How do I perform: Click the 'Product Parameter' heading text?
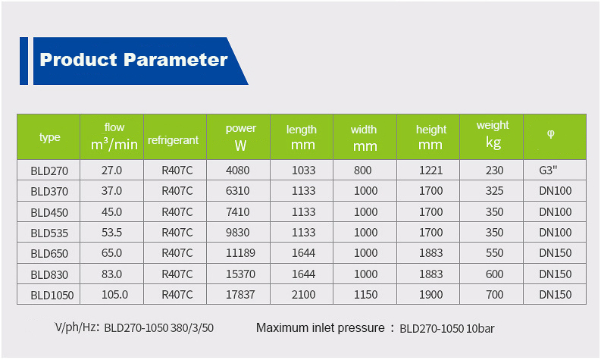point(134,60)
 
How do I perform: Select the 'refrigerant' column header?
point(174,140)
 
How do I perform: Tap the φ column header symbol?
point(550,134)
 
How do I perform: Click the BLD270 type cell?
point(49,171)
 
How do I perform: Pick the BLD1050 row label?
point(52,296)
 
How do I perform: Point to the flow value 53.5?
point(111,233)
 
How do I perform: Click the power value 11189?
point(240,253)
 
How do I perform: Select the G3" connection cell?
point(548,171)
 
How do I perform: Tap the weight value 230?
point(494,171)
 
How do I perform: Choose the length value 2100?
point(304,294)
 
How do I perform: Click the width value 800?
point(362,171)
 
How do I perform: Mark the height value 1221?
point(430,171)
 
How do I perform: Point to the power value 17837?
point(240,294)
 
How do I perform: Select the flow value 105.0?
point(114,294)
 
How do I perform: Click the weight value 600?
point(494,274)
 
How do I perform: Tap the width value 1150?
point(365,294)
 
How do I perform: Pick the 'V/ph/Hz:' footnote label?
point(77,328)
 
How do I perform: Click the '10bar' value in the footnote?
point(480,329)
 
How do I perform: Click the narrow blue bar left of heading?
point(23,61)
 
